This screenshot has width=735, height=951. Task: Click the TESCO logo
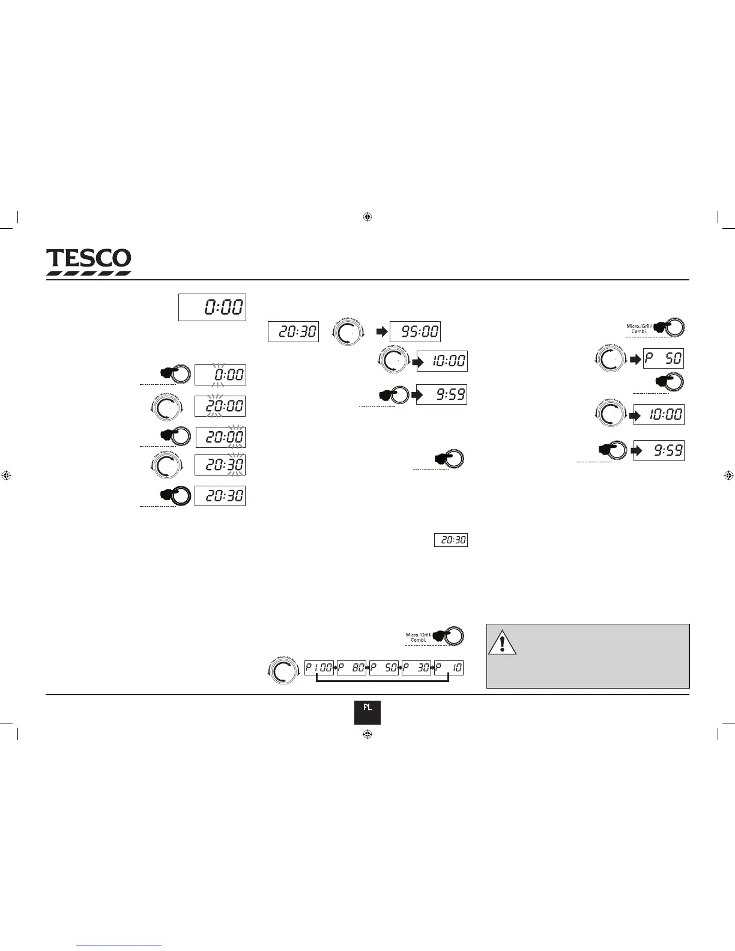89,262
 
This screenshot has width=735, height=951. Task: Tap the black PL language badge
367,712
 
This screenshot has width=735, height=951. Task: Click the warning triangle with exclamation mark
502,642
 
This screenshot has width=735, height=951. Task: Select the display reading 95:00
415,331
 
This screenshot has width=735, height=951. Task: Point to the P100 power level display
318,668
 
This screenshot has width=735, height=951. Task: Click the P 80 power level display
351,668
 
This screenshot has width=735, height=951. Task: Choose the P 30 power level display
417,668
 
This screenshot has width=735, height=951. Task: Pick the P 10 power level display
449,668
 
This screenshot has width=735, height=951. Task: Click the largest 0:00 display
212,307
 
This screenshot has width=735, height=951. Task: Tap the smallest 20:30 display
451,540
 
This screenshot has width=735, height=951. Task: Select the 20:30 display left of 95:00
293,331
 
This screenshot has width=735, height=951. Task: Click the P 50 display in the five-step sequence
384,668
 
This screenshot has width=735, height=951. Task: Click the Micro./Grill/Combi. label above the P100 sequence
419,637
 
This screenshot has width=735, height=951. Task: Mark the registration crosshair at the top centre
368,217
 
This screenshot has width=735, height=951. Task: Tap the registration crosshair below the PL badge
368,734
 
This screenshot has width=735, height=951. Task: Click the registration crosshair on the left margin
7,475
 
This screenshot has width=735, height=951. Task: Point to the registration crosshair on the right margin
728,475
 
